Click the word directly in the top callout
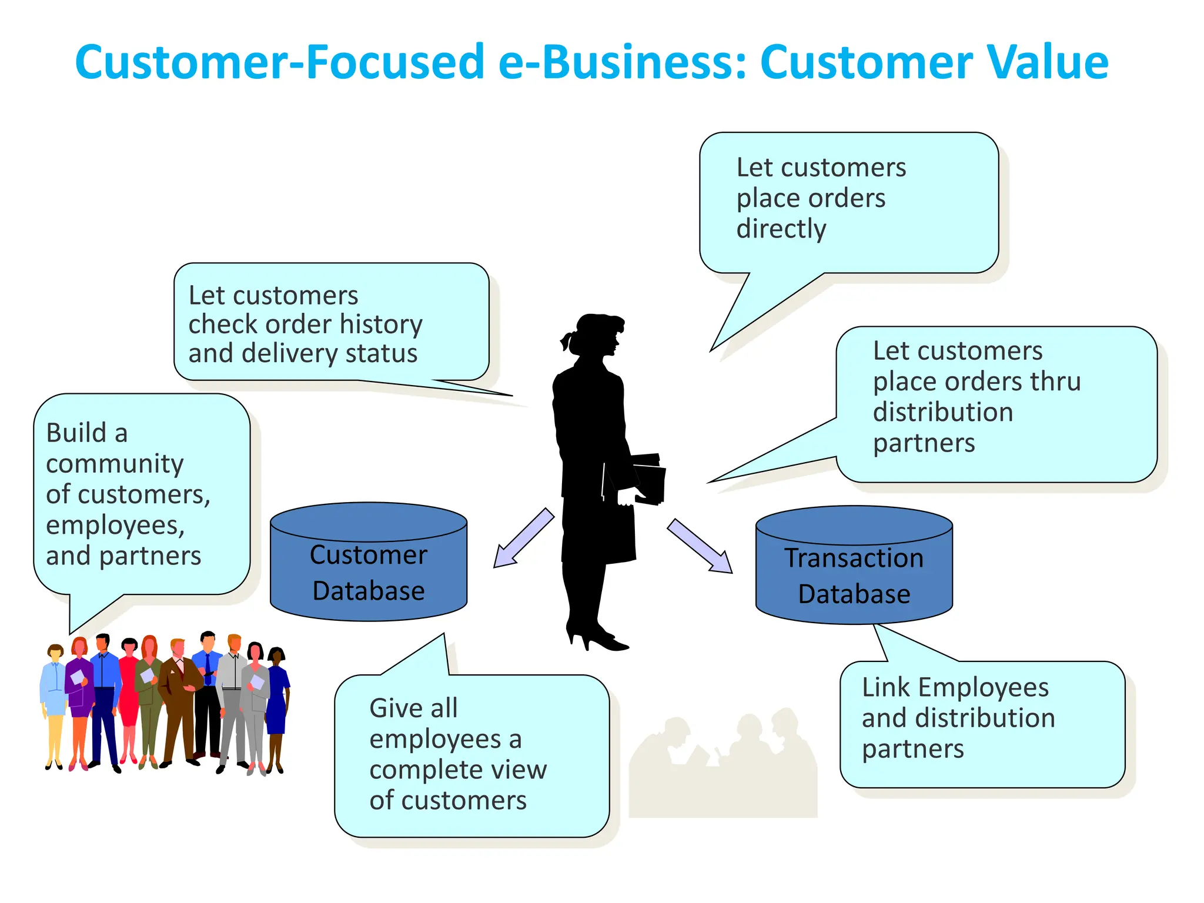(x=781, y=229)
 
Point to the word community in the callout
(x=115, y=464)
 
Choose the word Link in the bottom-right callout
(x=885, y=688)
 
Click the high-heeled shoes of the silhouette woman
(x=597, y=638)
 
